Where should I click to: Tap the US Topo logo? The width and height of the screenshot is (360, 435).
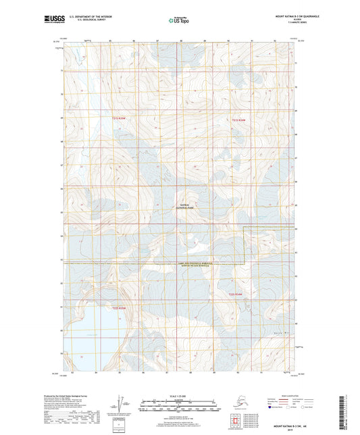178,21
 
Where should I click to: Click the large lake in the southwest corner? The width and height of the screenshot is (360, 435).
88,338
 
